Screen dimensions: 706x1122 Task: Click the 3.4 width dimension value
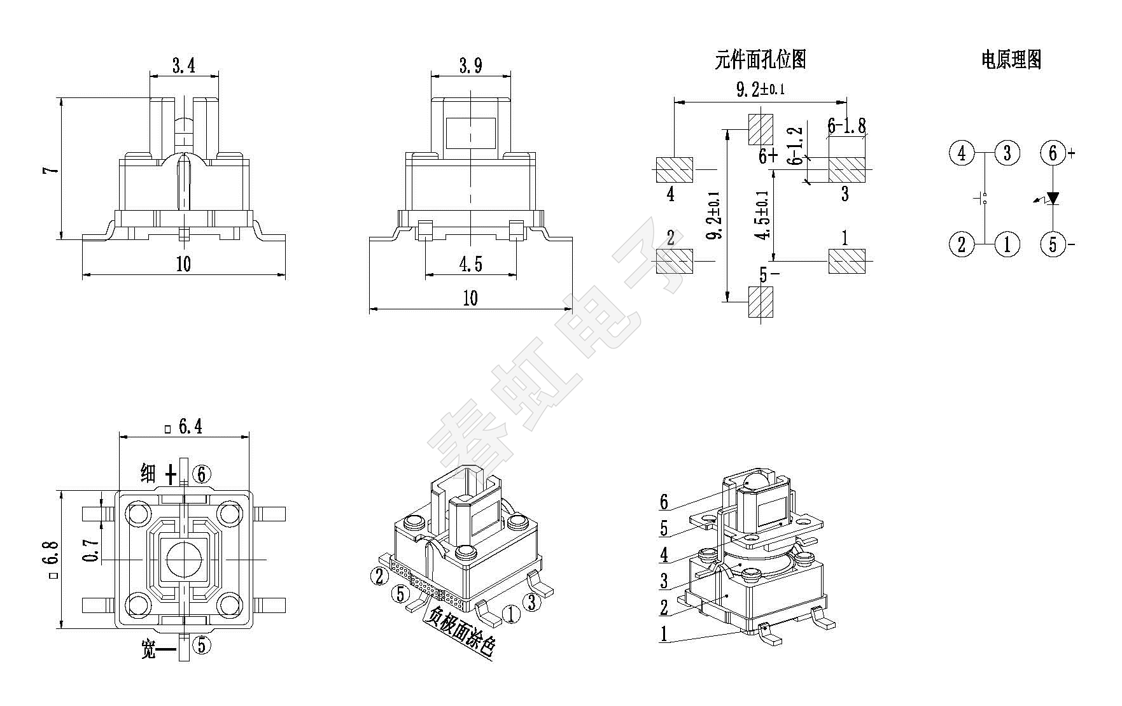[183, 65]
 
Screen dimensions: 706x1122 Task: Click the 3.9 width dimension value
[470, 65]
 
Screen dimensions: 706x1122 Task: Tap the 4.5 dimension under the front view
[470, 264]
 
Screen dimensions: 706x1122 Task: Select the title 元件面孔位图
[761, 60]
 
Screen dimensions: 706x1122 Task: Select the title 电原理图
[1011, 60]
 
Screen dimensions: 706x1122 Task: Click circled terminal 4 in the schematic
[962, 153]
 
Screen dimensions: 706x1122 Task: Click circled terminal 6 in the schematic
[1053, 153]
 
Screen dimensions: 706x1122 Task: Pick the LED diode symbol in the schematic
[1053, 199]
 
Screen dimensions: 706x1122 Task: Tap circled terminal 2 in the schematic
[962, 244]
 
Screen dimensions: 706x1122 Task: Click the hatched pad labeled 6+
[761, 129]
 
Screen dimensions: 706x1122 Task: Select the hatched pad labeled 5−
[761, 302]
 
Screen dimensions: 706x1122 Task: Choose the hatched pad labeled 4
[675, 170]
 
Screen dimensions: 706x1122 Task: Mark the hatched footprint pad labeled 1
[846, 261]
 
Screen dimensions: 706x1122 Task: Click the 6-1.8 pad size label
[846, 125]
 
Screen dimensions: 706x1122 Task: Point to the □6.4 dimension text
[185, 426]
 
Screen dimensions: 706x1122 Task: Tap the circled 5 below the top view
[202, 646]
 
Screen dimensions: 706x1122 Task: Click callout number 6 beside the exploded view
[664, 502]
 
